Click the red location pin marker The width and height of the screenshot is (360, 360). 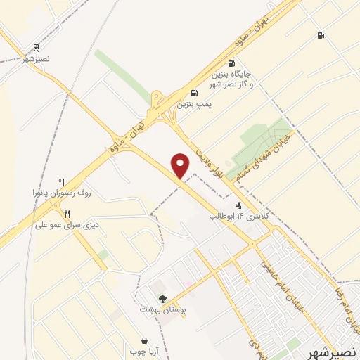pyautogui.click(x=181, y=167)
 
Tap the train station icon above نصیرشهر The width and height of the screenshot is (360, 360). pyautogui.click(x=36, y=48)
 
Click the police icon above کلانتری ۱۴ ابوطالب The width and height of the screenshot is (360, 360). pyautogui.click(x=238, y=206)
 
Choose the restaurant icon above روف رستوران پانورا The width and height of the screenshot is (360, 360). pyautogui.click(x=62, y=181)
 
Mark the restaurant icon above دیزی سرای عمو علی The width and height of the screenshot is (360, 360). pyautogui.click(x=67, y=214)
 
